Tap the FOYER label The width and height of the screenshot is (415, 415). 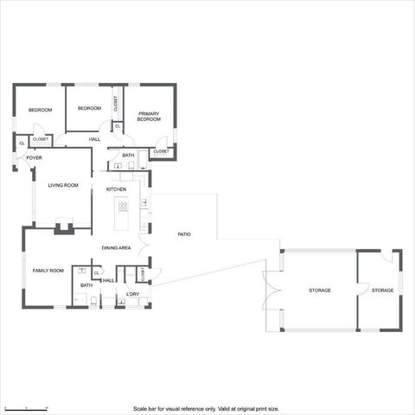34,158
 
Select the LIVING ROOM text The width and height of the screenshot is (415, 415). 62,185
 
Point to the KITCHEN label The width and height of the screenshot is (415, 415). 116,188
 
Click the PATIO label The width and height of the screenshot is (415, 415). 184,234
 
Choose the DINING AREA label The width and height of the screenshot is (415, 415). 116,248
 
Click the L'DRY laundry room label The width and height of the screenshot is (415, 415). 132,294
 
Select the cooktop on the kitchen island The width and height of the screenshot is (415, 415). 124,206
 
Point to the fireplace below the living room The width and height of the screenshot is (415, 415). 62,228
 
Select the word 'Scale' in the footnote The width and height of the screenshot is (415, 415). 140,408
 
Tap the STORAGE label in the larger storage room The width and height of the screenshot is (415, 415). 319,290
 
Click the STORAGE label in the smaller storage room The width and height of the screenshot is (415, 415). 382,290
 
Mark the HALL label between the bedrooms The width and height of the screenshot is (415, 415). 94,139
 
